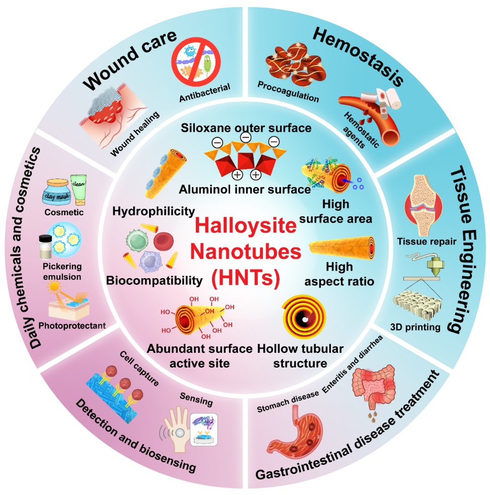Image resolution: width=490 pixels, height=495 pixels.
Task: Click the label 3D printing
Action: tap(417, 327)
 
